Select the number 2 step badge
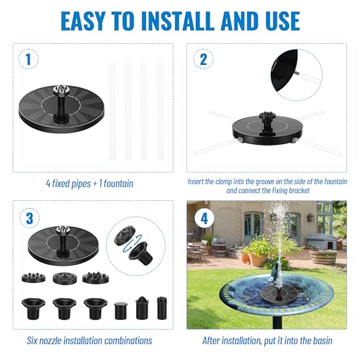pyautogui.click(x=204, y=60)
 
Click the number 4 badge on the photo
pyautogui.click(x=204, y=218)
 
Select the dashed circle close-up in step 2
pyautogui.click(x=297, y=73)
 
